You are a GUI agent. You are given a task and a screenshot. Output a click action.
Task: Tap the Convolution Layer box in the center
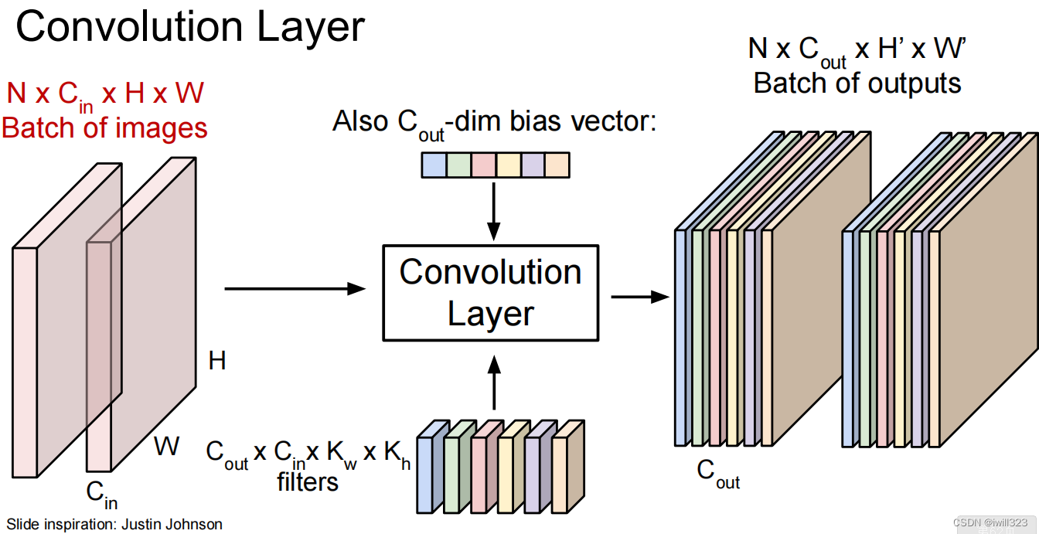point(491,293)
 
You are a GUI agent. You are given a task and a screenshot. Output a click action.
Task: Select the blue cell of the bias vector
point(434,165)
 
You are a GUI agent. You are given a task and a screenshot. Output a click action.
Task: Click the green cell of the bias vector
point(458,165)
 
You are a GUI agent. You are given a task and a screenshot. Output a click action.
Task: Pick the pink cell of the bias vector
point(483,165)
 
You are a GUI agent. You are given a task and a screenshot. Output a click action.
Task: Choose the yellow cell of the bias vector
point(508,165)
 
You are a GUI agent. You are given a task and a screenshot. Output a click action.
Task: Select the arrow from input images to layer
point(294,288)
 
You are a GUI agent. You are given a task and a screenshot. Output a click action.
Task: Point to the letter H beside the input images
point(217,360)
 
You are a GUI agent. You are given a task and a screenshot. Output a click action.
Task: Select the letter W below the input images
point(167,446)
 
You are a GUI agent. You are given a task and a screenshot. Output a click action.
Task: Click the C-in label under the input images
point(101,495)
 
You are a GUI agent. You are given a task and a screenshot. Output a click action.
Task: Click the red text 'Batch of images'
point(105,128)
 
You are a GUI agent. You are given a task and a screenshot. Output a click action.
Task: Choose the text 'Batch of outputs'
point(857,83)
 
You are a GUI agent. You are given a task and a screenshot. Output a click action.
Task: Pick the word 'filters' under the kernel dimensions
point(308,482)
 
